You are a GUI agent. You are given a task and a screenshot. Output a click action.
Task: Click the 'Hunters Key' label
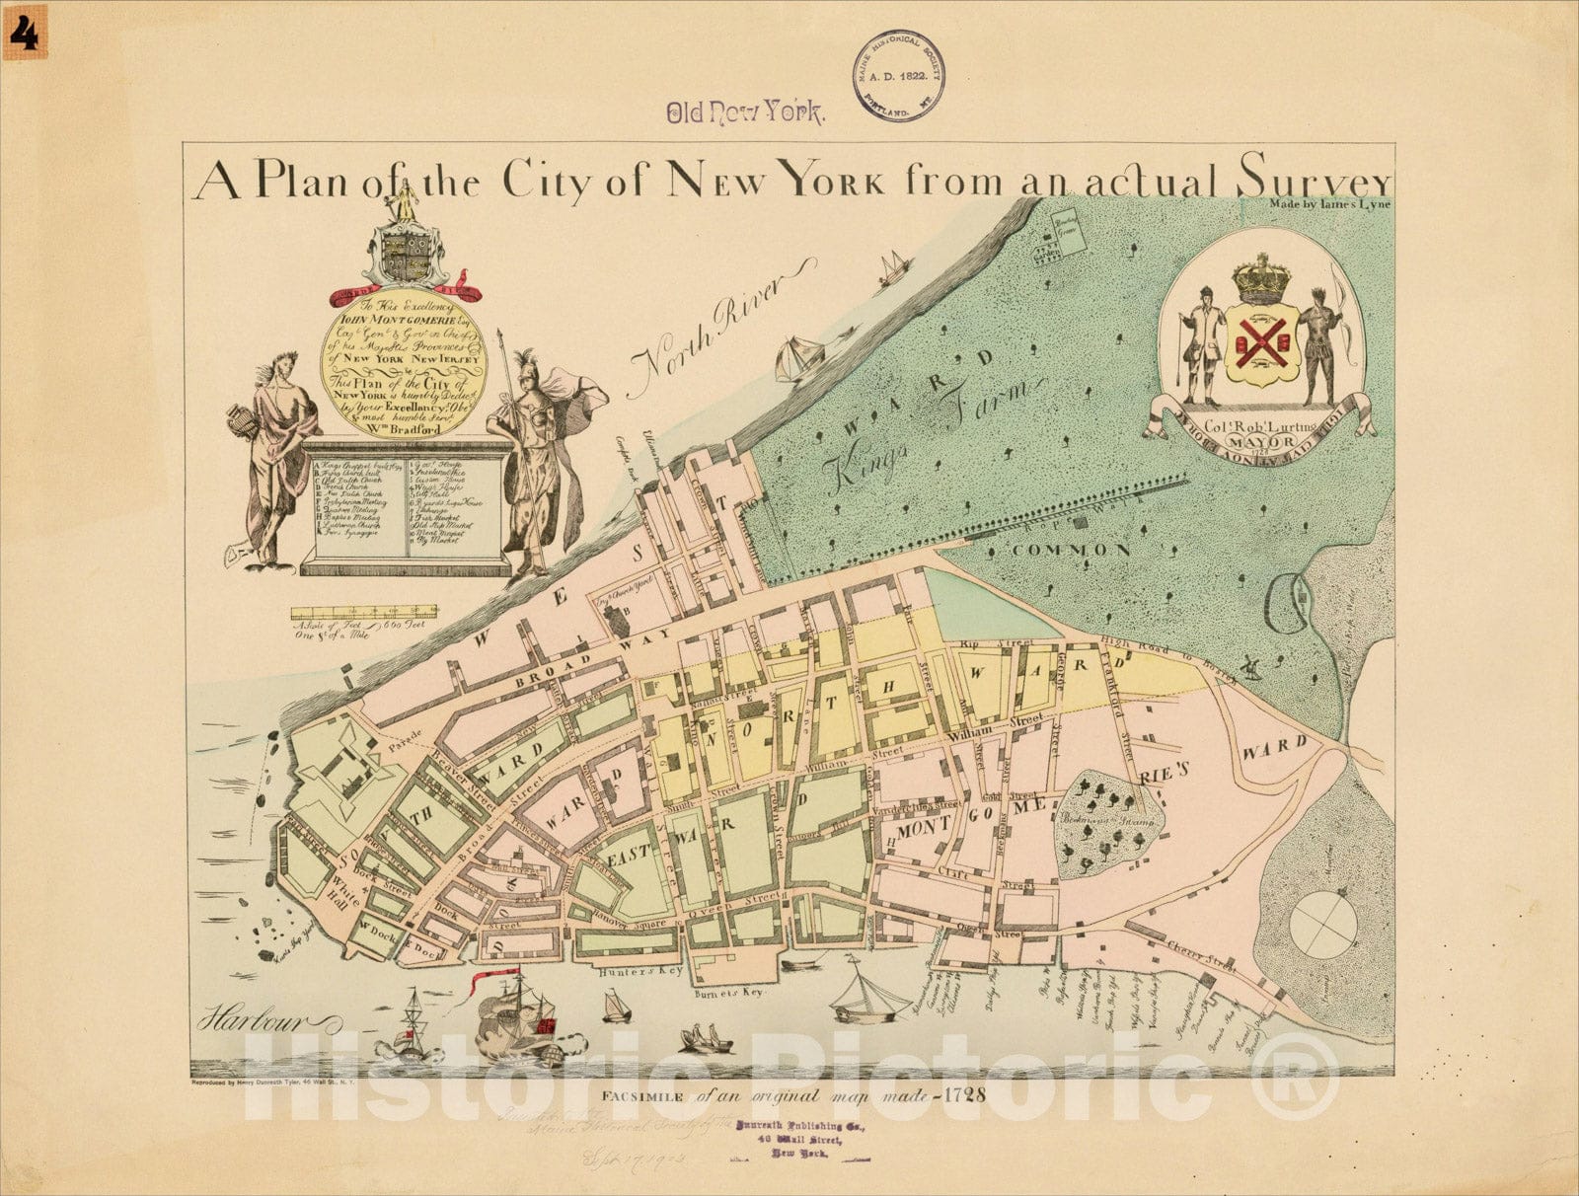click(628, 972)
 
